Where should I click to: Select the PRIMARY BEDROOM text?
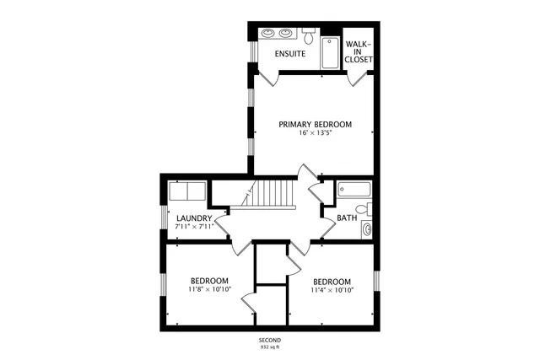point(315,124)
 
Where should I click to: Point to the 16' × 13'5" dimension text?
point(315,133)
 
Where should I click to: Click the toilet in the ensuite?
point(309,37)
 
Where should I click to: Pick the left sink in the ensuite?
point(268,34)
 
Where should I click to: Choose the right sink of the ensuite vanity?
point(288,34)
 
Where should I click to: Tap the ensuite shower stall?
point(328,52)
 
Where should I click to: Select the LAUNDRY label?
point(194,218)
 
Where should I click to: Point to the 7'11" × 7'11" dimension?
point(194,227)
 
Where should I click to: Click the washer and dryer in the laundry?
point(186,191)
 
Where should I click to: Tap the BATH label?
point(347,218)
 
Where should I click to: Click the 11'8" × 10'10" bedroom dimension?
point(208,290)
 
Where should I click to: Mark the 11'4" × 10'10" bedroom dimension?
point(332,290)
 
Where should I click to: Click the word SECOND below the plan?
point(270,340)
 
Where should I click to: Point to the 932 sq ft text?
point(270,347)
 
